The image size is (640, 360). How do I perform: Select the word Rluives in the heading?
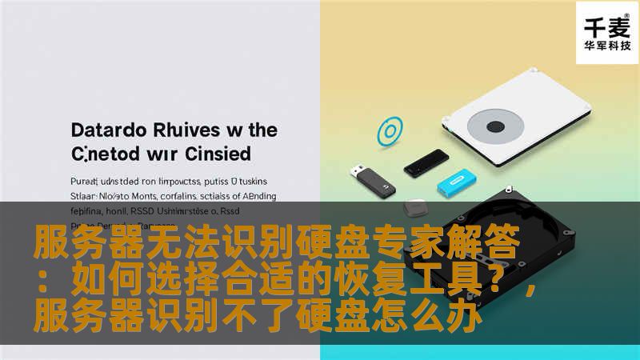click(x=184, y=130)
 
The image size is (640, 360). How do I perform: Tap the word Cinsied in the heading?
click(x=217, y=152)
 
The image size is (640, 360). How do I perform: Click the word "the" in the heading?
click(x=262, y=130)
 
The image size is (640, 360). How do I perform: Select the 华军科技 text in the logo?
click(x=605, y=46)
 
